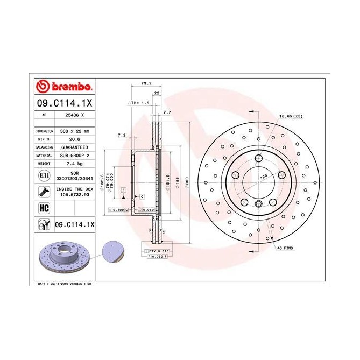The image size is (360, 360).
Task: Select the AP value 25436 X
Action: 74,115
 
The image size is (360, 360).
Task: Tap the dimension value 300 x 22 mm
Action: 74,131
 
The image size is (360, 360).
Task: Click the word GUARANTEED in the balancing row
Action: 74,147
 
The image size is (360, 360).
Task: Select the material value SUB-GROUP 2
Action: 74,155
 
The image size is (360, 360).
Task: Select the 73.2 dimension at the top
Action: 145,84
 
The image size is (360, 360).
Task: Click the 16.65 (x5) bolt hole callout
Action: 291,116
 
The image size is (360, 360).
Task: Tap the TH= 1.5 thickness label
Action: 140,102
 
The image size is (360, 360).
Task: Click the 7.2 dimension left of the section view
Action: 121,136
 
